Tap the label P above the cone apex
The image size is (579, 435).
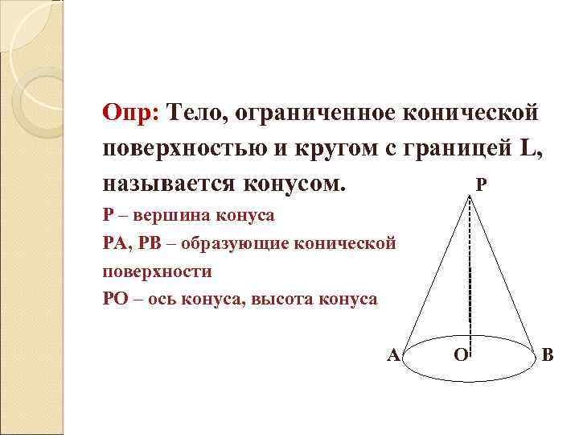[480, 184]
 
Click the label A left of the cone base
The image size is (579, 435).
[393, 354]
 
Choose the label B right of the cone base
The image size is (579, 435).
[548, 354]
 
